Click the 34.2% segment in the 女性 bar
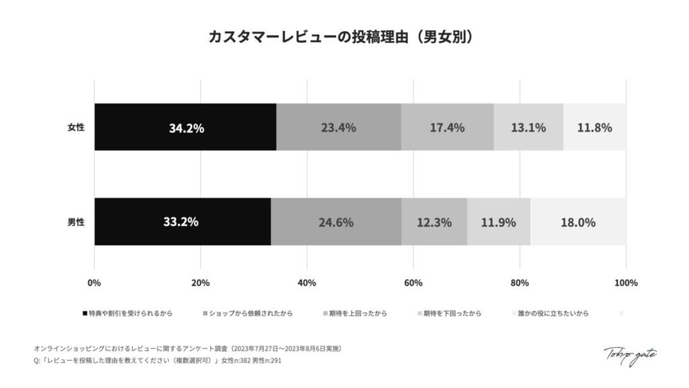click(x=185, y=127)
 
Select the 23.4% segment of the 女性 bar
click(x=338, y=127)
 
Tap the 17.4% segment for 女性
click(x=447, y=127)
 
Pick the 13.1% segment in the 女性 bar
click(x=528, y=127)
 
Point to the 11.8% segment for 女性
click(x=594, y=127)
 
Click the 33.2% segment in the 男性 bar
click(x=182, y=222)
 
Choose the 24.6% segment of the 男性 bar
click(x=336, y=222)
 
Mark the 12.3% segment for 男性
click(x=434, y=222)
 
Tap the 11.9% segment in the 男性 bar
click(x=499, y=222)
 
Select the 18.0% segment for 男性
click(x=578, y=222)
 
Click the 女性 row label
click(x=76, y=127)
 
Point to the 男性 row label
click(x=76, y=222)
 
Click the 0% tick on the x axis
click(x=94, y=282)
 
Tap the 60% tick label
click(x=413, y=282)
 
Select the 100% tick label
click(x=626, y=282)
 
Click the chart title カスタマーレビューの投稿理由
click(x=344, y=36)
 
